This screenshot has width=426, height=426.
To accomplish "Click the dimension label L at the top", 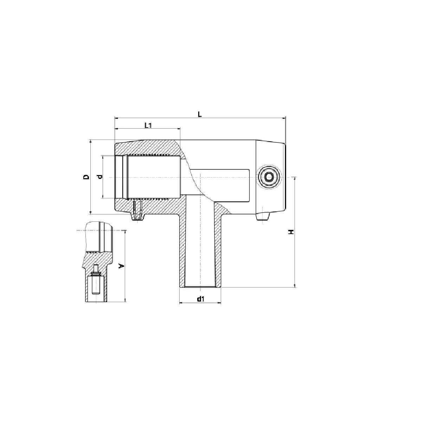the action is point(200,114).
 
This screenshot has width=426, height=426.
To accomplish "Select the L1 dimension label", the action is point(148,125).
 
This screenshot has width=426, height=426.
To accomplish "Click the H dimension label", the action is point(291,232).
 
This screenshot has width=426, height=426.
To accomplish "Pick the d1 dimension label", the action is point(200,299).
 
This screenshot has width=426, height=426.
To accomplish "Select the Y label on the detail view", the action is point(121,266).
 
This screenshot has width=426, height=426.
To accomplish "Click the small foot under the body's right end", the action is point(263,216).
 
